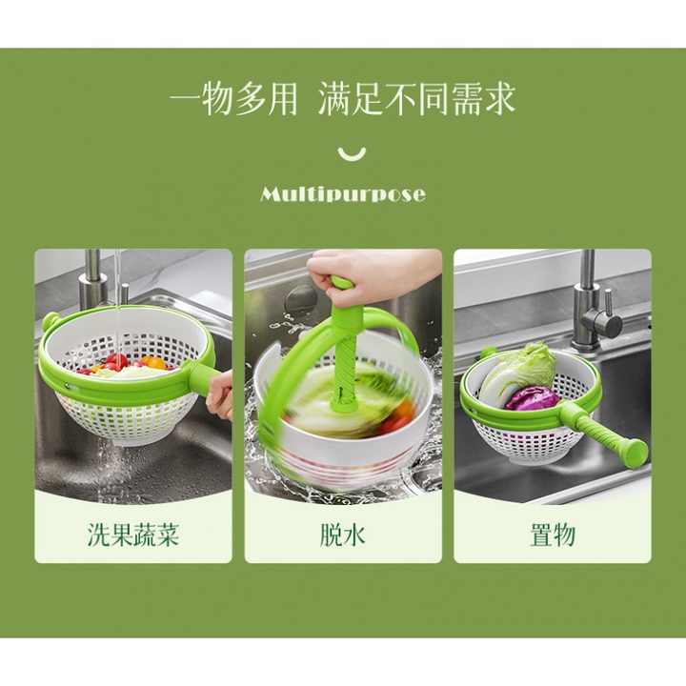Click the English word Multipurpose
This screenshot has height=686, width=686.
click(343, 194)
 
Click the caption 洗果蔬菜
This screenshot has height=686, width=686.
click(133, 535)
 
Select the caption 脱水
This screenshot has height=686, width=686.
click(342, 535)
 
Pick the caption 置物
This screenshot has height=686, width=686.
click(552, 535)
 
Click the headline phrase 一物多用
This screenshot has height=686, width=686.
click(233, 99)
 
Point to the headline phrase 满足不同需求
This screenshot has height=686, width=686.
click(416, 99)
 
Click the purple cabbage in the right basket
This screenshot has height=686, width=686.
click(533, 397)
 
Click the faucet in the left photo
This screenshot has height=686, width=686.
click(92, 281)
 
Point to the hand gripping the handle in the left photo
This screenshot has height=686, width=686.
click(221, 393)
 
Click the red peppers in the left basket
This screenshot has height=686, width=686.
click(116, 362)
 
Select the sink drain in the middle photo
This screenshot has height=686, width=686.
click(300, 301)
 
